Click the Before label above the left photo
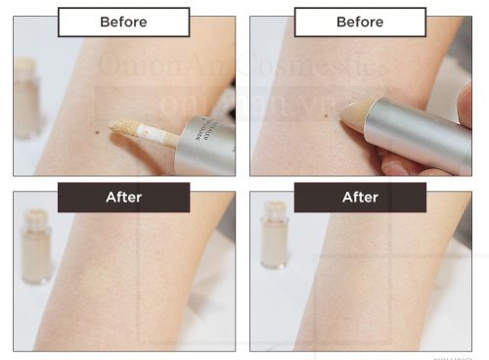(123, 22)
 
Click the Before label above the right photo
(360, 22)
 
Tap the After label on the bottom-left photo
(123, 197)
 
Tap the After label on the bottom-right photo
(360, 197)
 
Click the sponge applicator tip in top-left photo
(124, 128)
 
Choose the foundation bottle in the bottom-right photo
(274, 240)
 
